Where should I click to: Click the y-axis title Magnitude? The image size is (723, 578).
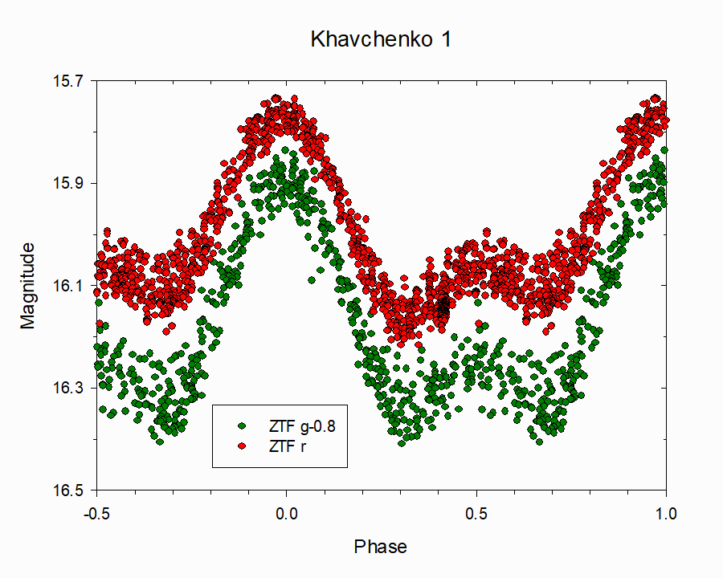[x=29, y=285]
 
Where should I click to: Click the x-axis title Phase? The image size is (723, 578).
[x=381, y=547]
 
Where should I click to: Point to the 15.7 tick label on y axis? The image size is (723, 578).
[x=67, y=81]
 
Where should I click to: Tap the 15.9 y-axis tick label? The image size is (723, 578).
[x=67, y=183]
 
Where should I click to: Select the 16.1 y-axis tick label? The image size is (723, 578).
[x=67, y=286]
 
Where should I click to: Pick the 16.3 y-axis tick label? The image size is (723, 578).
[x=67, y=388]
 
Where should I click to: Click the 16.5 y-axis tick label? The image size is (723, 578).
[x=67, y=490]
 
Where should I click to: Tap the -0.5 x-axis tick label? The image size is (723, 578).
[x=96, y=511]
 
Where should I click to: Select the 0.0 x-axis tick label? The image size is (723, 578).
[x=286, y=511]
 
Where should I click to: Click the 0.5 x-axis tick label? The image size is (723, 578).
[x=476, y=511]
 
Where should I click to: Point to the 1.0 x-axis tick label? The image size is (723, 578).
[x=665, y=511]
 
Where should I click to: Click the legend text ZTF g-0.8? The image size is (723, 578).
[x=301, y=426]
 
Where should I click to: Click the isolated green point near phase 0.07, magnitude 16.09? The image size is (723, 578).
[x=311, y=279]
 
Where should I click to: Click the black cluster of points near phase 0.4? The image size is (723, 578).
[x=443, y=305]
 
